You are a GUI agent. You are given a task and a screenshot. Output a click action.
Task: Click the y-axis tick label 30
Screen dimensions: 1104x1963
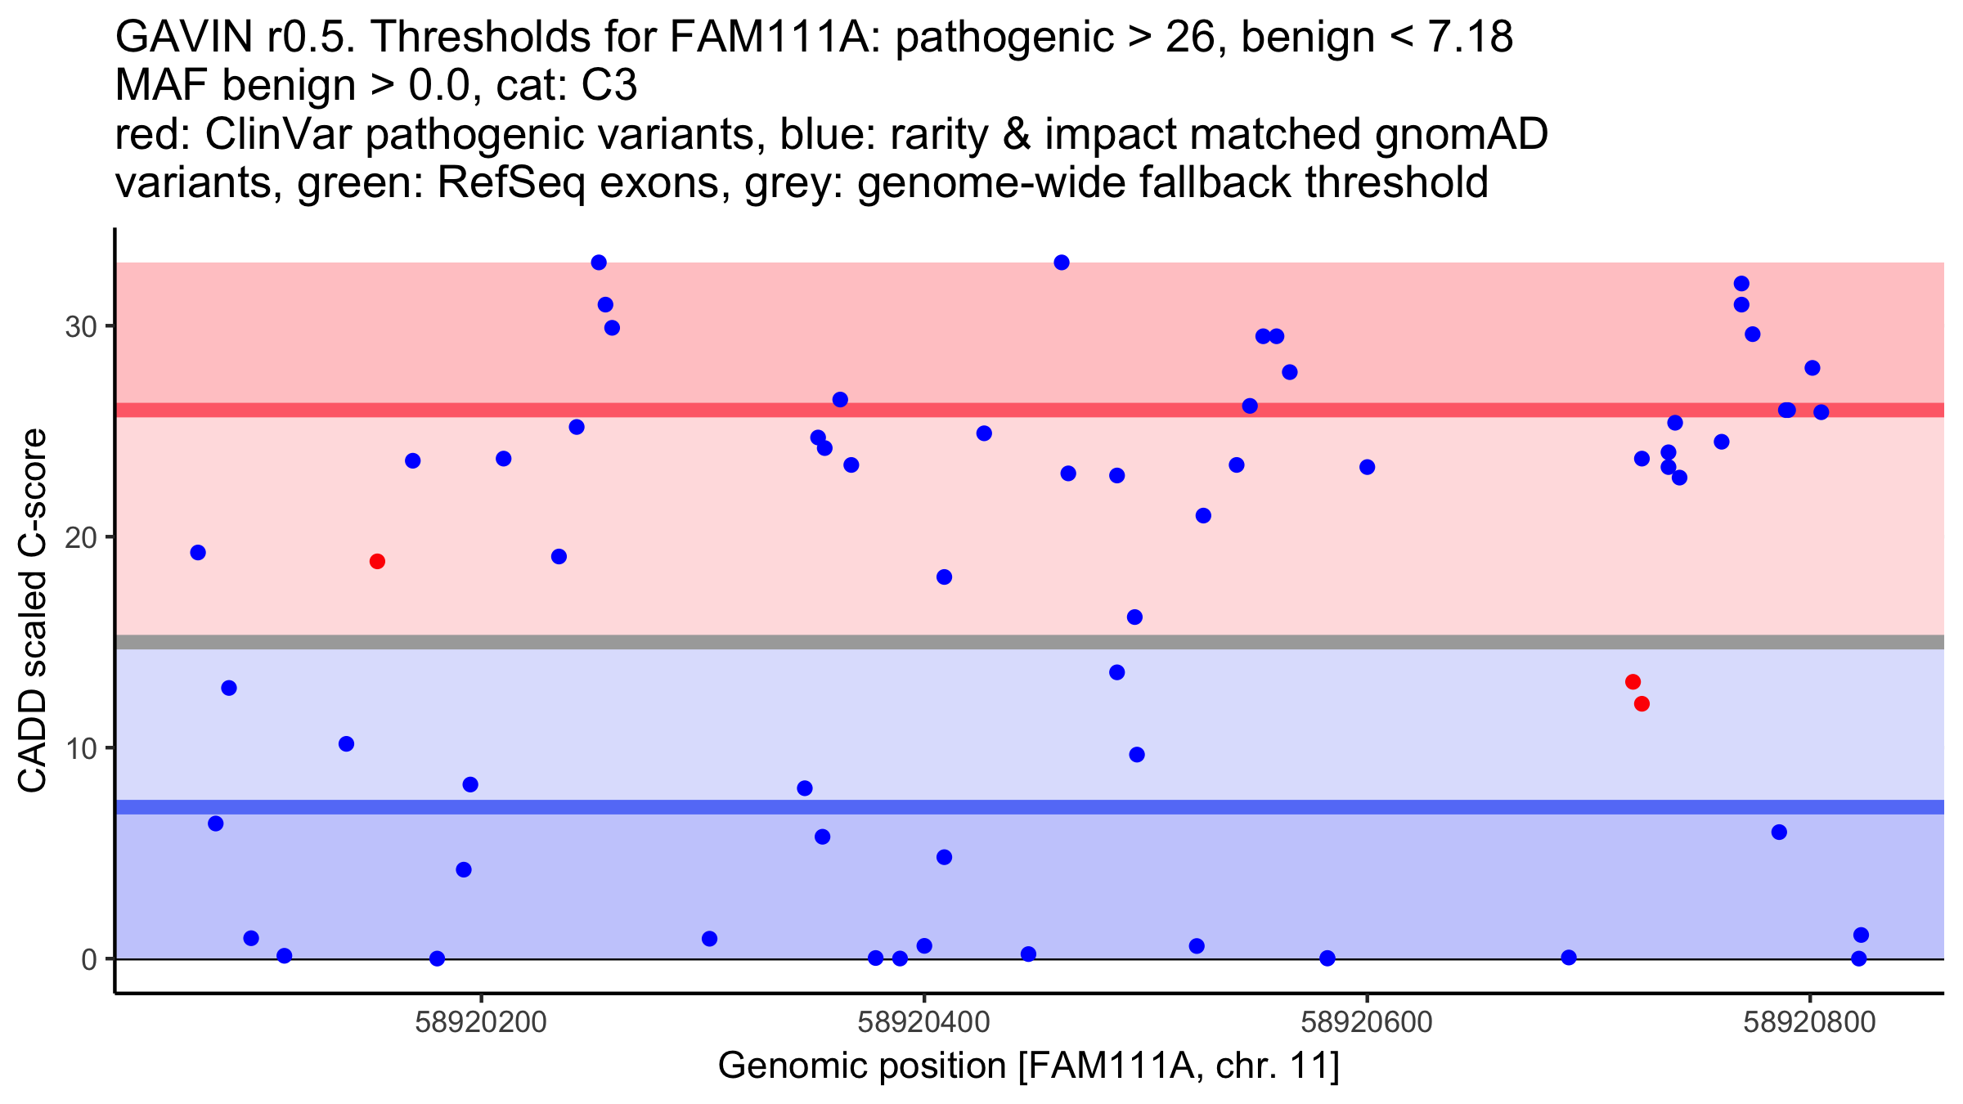click(x=79, y=327)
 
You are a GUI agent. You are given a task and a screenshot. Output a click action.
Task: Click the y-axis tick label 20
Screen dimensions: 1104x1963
click(x=79, y=538)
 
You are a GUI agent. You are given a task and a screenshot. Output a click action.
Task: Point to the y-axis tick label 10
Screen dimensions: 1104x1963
click(x=79, y=749)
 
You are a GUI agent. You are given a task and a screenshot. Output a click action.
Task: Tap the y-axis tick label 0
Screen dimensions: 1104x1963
click(x=88, y=959)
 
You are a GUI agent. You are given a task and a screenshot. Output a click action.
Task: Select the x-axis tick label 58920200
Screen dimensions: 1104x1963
click(x=481, y=1022)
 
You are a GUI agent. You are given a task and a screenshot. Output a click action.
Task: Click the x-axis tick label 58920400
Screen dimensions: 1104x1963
click(x=923, y=1022)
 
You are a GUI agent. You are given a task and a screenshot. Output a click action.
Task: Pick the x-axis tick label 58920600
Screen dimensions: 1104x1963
click(x=1367, y=1022)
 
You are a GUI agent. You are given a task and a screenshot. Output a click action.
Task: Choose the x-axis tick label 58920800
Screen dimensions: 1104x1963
click(x=1809, y=1022)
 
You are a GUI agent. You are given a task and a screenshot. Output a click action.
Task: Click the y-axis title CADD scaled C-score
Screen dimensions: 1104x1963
click(x=33, y=612)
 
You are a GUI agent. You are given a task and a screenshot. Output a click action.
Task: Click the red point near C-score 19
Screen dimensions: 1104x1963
click(x=377, y=561)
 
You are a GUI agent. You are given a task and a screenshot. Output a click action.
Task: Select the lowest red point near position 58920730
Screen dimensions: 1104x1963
click(x=1642, y=703)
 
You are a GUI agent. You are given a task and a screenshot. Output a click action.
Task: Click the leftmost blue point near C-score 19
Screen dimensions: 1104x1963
click(x=198, y=553)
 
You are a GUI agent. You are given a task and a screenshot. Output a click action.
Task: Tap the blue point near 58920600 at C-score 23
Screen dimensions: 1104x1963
click(x=1368, y=467)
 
